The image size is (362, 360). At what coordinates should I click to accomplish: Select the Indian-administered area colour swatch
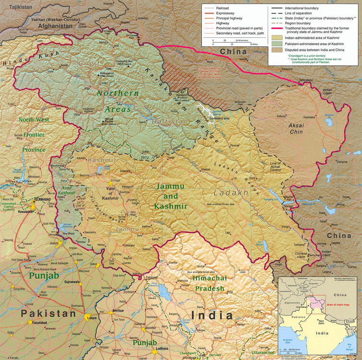[276, 36]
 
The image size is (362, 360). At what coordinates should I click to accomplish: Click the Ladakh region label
[231, 192]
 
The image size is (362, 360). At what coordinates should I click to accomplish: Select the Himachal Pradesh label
[208, 283]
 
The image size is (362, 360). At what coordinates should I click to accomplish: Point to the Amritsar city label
[120, 312]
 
